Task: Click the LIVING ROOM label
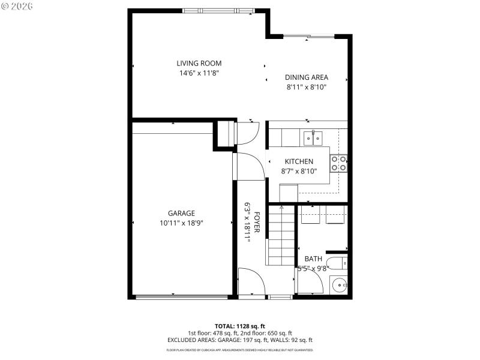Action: coord(199,63)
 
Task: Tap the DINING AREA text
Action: coord(306,77)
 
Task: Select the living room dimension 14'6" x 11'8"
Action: coord(199,73)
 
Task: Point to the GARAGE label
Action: coord(181,213)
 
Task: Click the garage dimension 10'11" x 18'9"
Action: coord(181,223)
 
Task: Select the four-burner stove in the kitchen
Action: coord(339,163)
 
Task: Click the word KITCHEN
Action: coord(298,161)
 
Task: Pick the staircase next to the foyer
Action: coord(280,235)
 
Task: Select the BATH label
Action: coord(313,259)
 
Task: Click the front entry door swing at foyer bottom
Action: coord(250,282)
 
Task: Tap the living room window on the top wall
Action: coord(218,10)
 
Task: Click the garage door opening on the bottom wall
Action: coord(181,296)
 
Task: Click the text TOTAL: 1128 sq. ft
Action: coord(239,326)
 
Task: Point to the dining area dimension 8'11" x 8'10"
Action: coord(306,87)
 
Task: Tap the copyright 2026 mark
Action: coord(18,6)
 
